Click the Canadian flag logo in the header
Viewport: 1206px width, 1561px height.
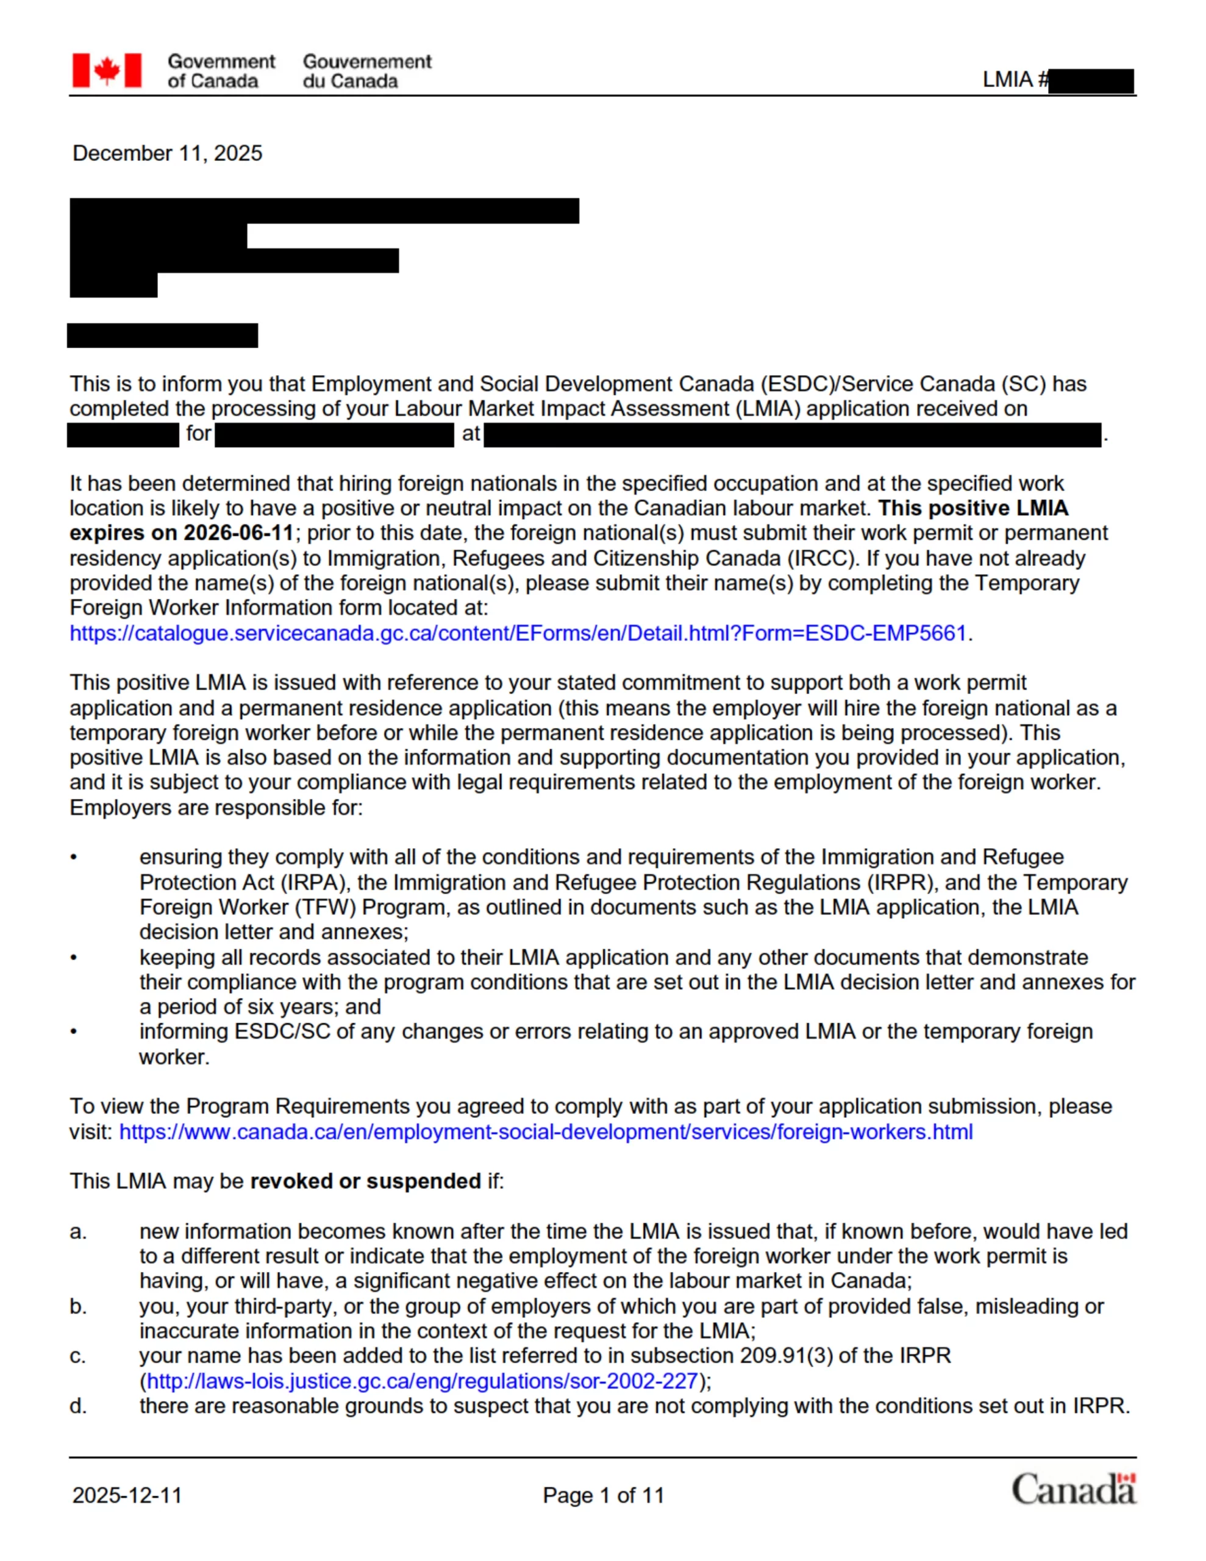tap(107, 71)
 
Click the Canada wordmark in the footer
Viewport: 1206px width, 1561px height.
tap(1073, 1490)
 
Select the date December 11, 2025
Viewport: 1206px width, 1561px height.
tap(167, 154)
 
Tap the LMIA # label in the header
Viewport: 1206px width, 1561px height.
tap(1015, 79)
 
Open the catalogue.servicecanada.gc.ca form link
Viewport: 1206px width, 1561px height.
tap(518, 634)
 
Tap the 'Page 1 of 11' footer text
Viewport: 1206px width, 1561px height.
tap(604, 1495)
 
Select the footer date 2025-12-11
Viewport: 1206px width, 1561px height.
tap(127, 1495)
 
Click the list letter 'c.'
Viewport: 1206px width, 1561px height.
tap(78, 1356)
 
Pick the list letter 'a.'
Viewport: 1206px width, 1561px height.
tap(78, 1232)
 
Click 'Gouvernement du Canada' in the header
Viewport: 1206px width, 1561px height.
tap(366, 71)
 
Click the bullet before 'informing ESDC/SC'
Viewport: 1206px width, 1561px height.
tap(74, 1031)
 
